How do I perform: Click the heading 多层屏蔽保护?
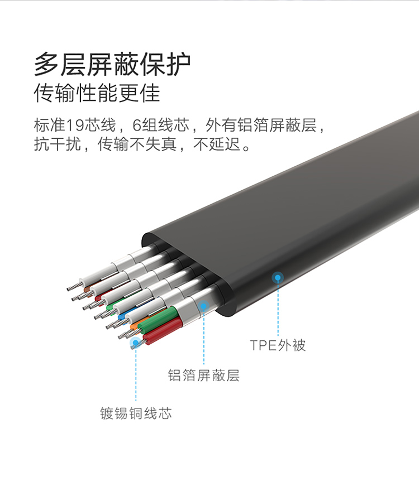click(x=112, y=64)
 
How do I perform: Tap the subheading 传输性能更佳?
click(x=97, y=93)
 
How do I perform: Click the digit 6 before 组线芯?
click(x=136, y=125)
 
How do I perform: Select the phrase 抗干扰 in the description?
click(x=58, y=144)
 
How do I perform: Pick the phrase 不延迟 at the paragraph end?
click(x=217, y=144)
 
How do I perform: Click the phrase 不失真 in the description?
click(x=153, y=144)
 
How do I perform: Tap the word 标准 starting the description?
click(x=49, y=125)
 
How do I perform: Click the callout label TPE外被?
click(x=278, y=345)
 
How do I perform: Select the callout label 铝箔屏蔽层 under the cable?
click(x=203, y=375)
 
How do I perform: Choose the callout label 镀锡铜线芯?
click(x=136, y=413)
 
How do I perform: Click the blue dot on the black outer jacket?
click(x=278, y=277)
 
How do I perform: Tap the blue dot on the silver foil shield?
click(x=203, y=305)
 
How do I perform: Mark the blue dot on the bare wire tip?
click(x=136, y=343)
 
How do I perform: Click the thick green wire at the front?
click(x=158, y=320)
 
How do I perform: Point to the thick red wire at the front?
click(x=163, y=331)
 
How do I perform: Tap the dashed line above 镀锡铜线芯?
click(x=136, y=374)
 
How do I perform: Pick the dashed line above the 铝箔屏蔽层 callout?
click(x=204, y=338)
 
